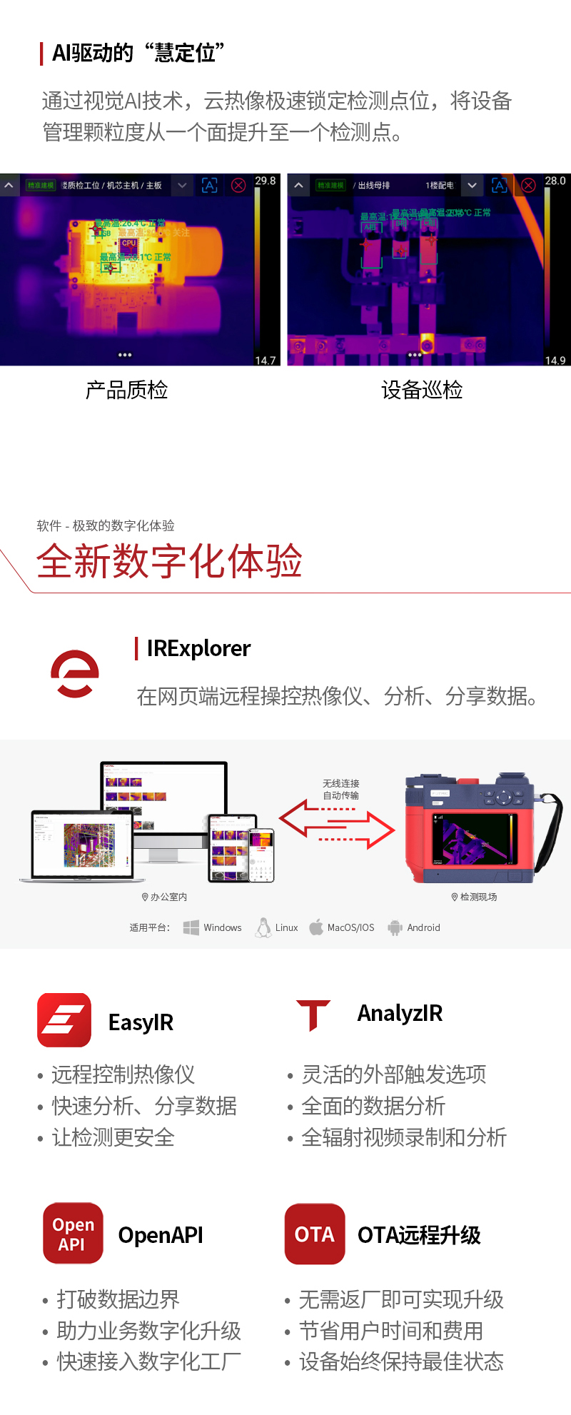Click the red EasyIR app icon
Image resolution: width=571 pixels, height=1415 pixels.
[x=64, y=1019]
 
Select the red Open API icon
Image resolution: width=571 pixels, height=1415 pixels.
[x=73, y=1233]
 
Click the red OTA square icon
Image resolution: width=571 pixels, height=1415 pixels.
[x=315, y=1234]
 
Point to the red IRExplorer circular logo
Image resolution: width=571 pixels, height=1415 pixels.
[x=75, y=673]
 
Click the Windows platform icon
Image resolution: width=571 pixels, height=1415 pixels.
[x=191, y=927]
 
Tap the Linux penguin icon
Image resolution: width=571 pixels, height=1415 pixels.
[x=263, y=927]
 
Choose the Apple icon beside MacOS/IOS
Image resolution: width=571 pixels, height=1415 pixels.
[x=316, y=927]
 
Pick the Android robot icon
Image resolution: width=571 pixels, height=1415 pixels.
[x=395, y=927]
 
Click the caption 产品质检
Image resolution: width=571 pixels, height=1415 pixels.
[x=127, y=390]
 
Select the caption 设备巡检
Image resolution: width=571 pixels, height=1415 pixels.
[x=422, y=390]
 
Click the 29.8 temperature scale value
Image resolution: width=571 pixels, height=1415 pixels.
[x=266, y=181]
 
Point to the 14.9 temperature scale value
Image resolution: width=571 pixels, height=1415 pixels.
[x=555, y=361]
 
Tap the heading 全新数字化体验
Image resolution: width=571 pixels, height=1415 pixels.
[x=170, y=561]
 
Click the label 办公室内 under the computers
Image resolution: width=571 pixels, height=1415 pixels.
[x=168, y=897]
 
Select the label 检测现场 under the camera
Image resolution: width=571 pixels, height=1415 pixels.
[x=478, y=897]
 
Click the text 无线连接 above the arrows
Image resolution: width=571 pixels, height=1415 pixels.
[x=341, y=783]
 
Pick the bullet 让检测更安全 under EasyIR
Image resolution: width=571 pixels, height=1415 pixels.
[x=113, y=1137]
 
